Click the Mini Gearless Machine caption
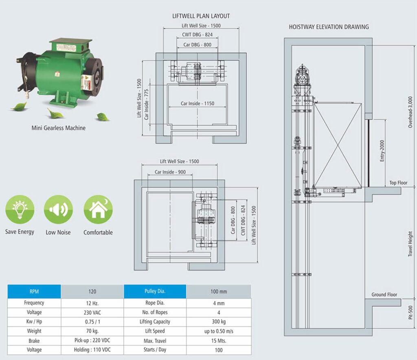[x=59, y=128]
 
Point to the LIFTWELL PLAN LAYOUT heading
[x=201, y=16]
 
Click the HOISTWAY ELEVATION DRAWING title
[x=329, y=27]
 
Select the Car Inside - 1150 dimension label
[x=197, y=103]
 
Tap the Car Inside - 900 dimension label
[x=170, y=172]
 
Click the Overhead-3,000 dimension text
[x=410, y=112]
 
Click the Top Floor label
[x=398, y=183]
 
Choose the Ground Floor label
[x=384, y=295]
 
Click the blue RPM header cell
[x=34, y=292]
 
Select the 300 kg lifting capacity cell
[x=219, y=322]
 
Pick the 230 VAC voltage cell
[x=92, y=312]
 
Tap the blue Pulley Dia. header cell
[x=155, y=292]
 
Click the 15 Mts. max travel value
[x=219, y=340]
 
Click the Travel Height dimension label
[x=410, y=244]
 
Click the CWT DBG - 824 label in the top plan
[x=197, y=35]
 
